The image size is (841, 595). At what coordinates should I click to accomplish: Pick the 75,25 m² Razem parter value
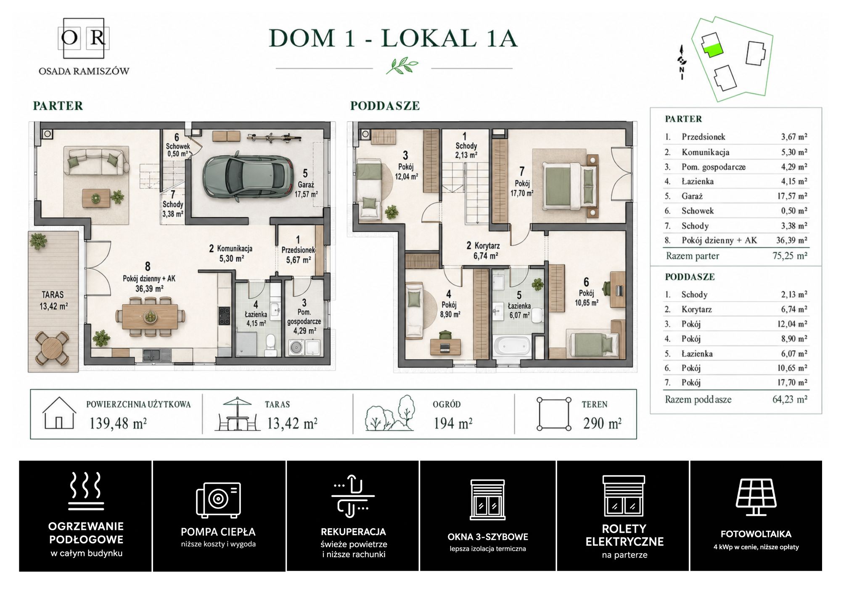click(x=790, y=256)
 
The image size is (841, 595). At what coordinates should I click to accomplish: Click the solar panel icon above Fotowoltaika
click(x=756, y=497)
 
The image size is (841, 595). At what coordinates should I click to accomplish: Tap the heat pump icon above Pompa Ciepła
click(x=218, y=499)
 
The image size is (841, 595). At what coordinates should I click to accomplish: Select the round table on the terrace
click(x=52, y=348)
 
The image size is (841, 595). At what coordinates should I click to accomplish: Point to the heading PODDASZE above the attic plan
click(x=385, y=106)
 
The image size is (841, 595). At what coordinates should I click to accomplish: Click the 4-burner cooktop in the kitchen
click(x=224, y=316)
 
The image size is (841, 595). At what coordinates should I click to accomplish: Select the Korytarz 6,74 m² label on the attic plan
click(x=482, y=250)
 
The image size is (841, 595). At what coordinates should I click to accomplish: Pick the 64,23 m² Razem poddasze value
click(x=790, y=399)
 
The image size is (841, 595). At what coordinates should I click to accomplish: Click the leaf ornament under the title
click(x=402, y=66)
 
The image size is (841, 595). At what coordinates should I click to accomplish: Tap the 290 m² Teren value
click(x=602, y=423)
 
